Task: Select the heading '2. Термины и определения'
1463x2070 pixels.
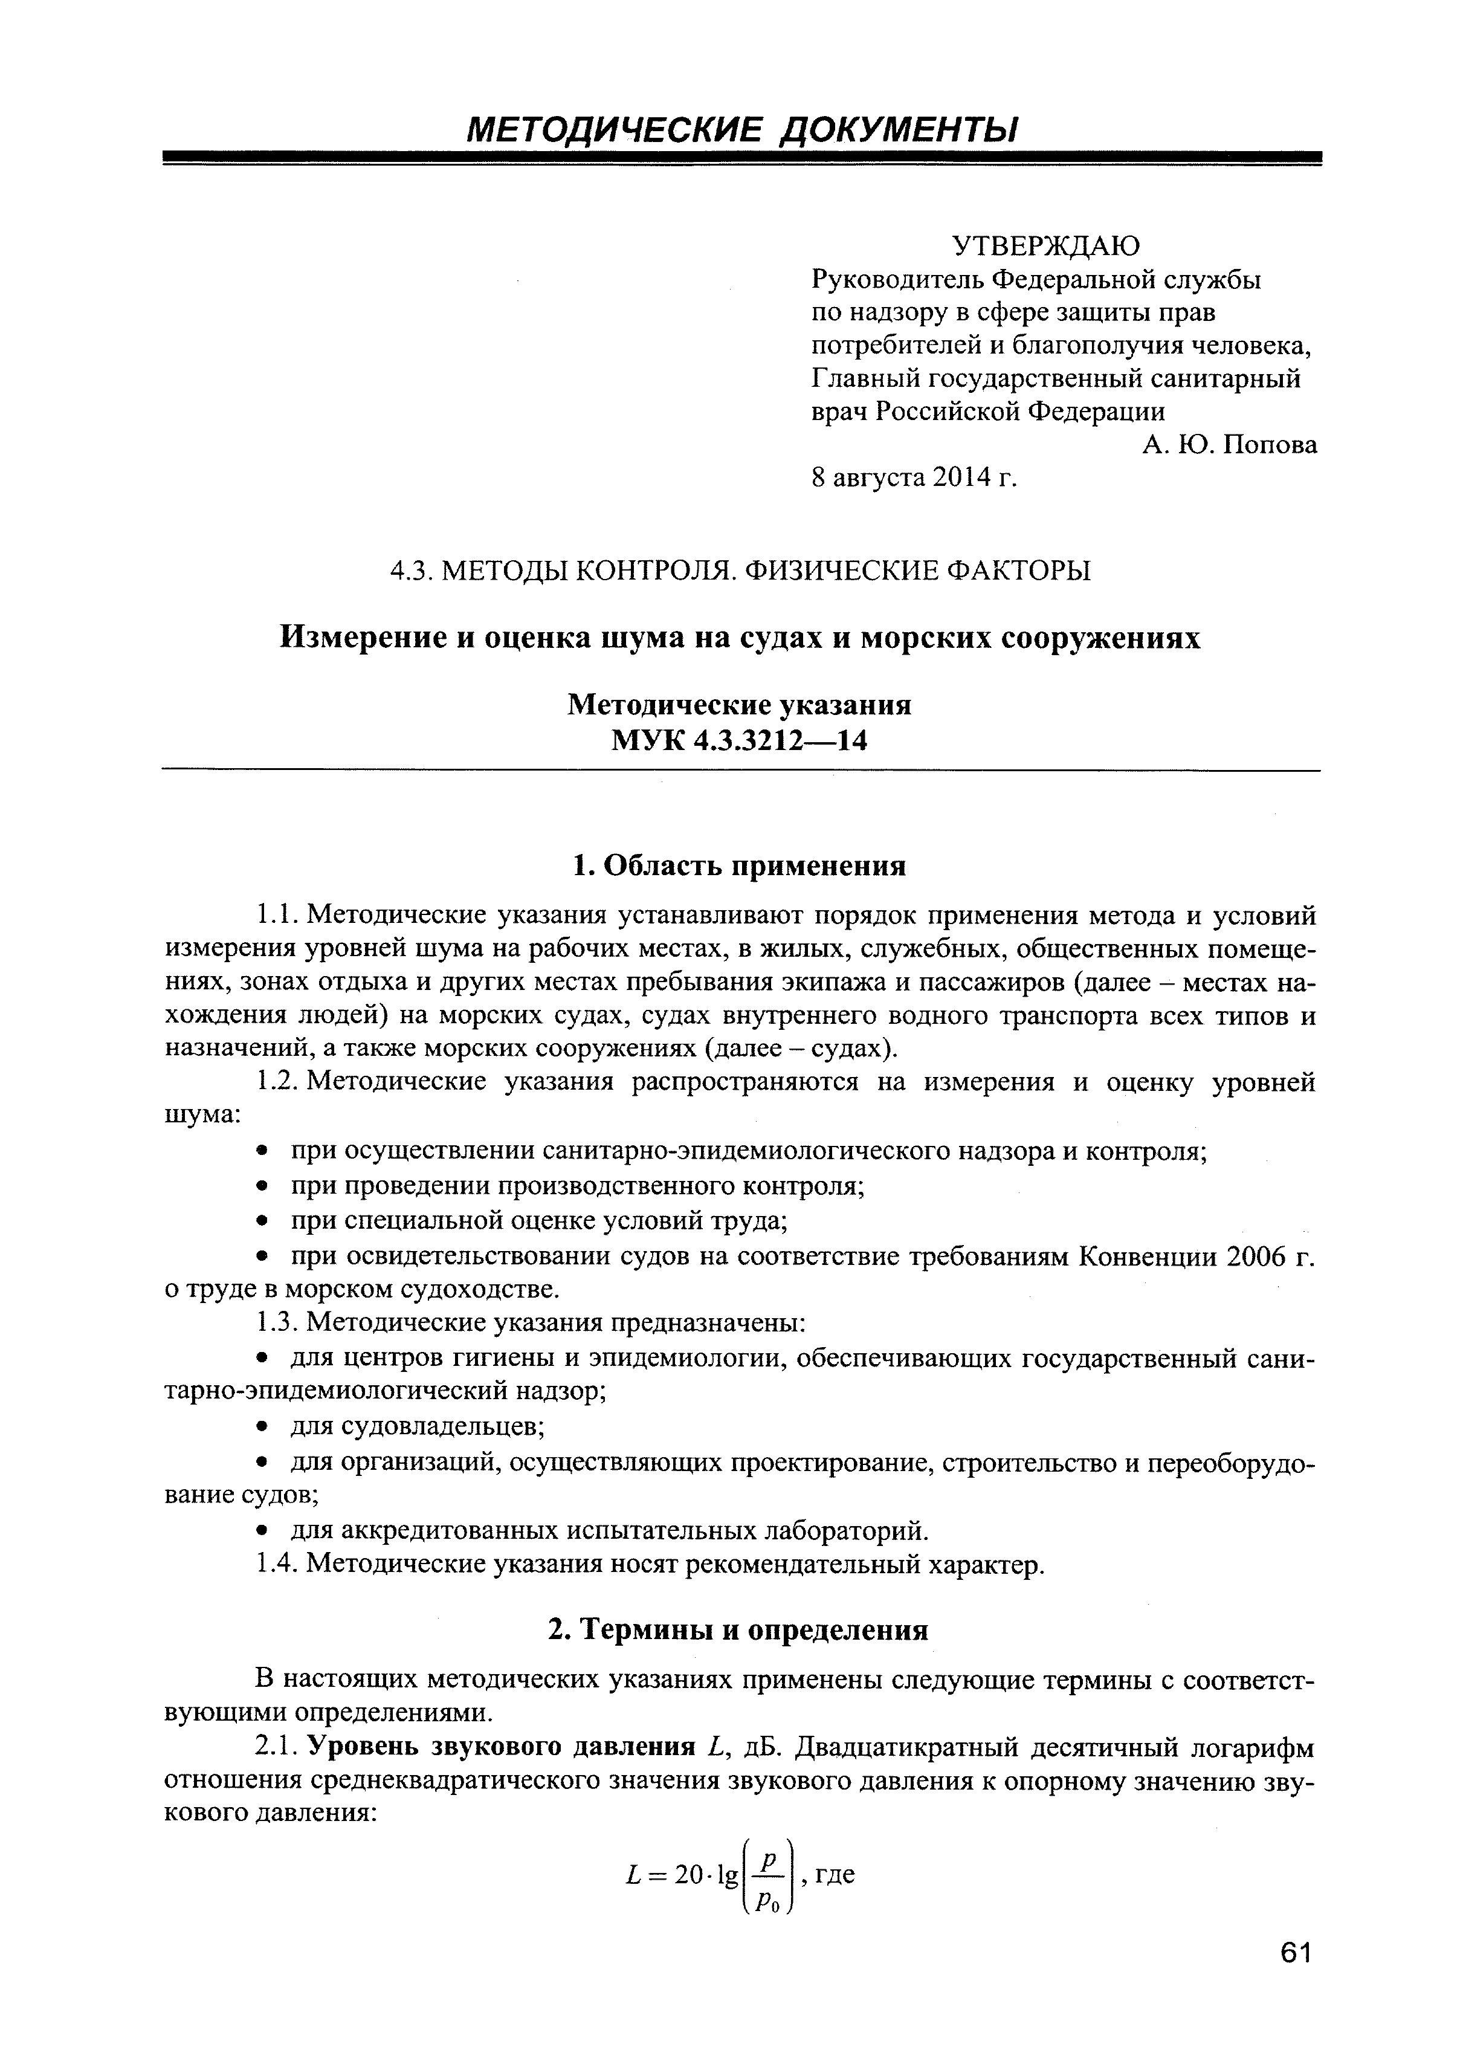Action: point(739,1630)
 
